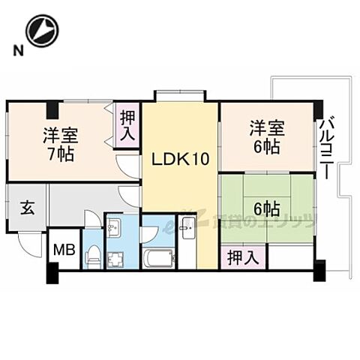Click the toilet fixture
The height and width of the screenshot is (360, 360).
[92, 257]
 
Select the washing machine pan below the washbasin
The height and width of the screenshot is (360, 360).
[116, 259]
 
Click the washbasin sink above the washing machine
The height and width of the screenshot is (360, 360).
[116, 227]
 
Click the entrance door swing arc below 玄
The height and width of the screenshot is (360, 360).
[30, 244]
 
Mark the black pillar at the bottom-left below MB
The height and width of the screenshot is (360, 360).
[52, 275]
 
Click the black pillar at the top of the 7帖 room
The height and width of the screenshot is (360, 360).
[52, 109]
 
